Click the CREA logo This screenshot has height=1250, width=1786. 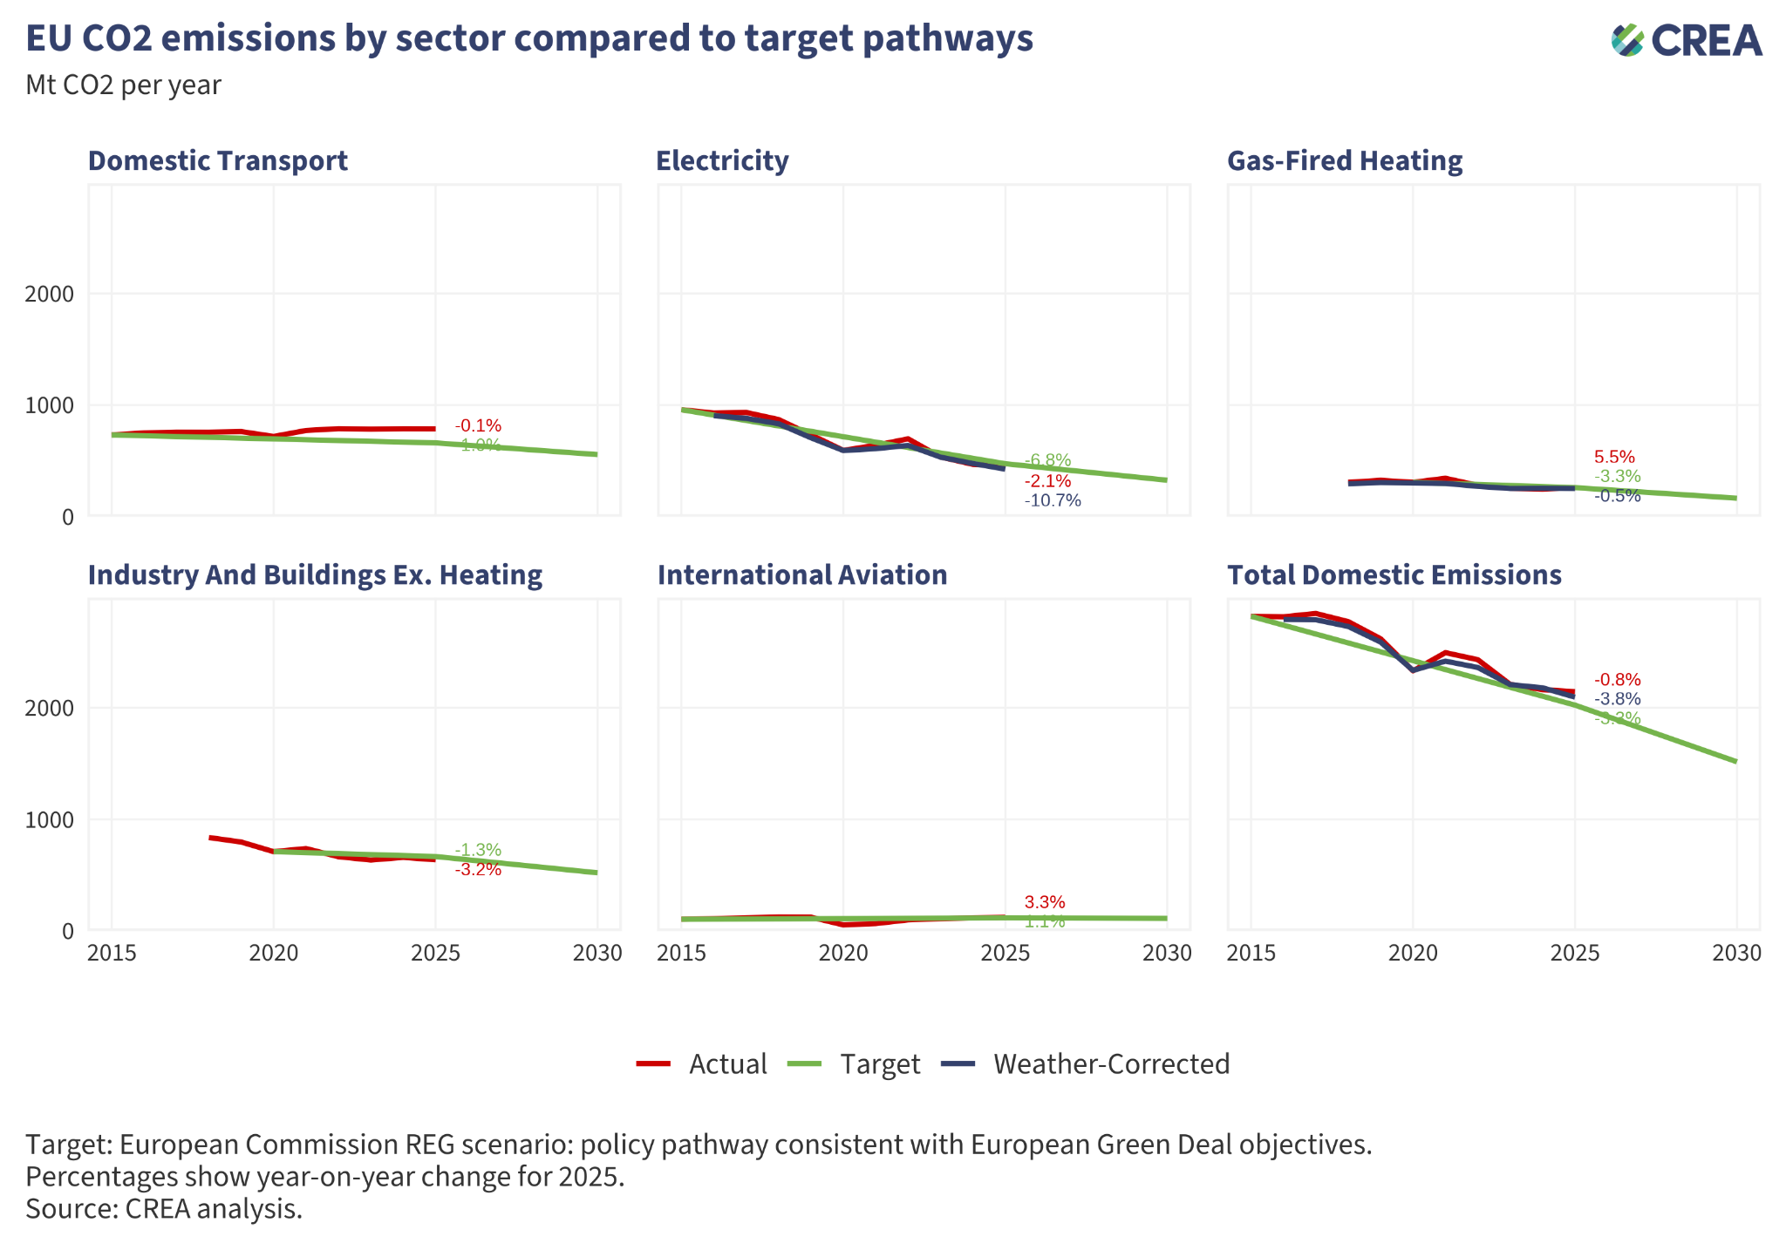pyautogui.click(x=1687, y=40)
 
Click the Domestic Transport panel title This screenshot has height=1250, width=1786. pyautogui.click(x=218, y=161)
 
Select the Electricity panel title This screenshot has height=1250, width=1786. pyautogui.click(x=722, y=161)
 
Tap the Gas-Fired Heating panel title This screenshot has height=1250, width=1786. pyautogui.click(x=1344, y=161)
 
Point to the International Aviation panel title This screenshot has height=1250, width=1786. pyautogui.click(x=801, y=575)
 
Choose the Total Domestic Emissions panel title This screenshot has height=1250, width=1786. pyautogui.click(x=1394, y=575)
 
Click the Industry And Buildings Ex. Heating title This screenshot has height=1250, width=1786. pyautogui.click(x=315, y=575)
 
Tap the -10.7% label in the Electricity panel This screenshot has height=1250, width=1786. pyautogui.click(x=1053, y=500)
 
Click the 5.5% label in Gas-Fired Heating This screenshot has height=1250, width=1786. pyautogui.click(x=1614, y=457)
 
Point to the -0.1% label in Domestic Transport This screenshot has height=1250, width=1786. pyautogui.click(x=478, y=426)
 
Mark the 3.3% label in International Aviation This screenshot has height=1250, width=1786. pyautogui.click(x=1045, y=902)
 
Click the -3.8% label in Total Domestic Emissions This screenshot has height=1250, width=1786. pyautogui.click(x=1618, y=699)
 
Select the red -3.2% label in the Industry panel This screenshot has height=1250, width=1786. pyautogui.click(x=478, y=869)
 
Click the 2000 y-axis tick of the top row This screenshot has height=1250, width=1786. pyautogui.click(x=50, y=294)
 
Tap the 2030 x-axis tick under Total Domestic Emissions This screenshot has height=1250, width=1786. pyautogui.click(x=1736, y=954)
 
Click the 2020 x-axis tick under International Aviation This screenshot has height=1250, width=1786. pyautogui.click(x=843, y=954)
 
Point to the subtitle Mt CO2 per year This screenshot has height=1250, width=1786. pyautogui.click(x=123, y=85)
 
